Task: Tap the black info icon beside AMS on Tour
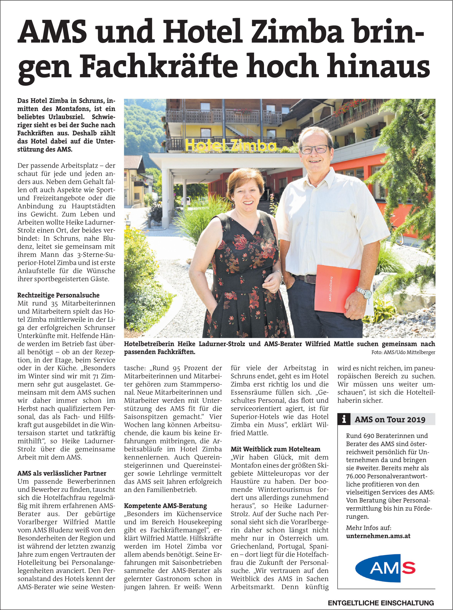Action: [x=344, y=419]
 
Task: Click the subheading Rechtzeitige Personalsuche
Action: [x=58, y=295]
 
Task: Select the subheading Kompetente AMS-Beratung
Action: [x=165, y=506]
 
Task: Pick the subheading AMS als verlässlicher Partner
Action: [x=62, y=473]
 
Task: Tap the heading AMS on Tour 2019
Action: [x=390, y=419]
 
